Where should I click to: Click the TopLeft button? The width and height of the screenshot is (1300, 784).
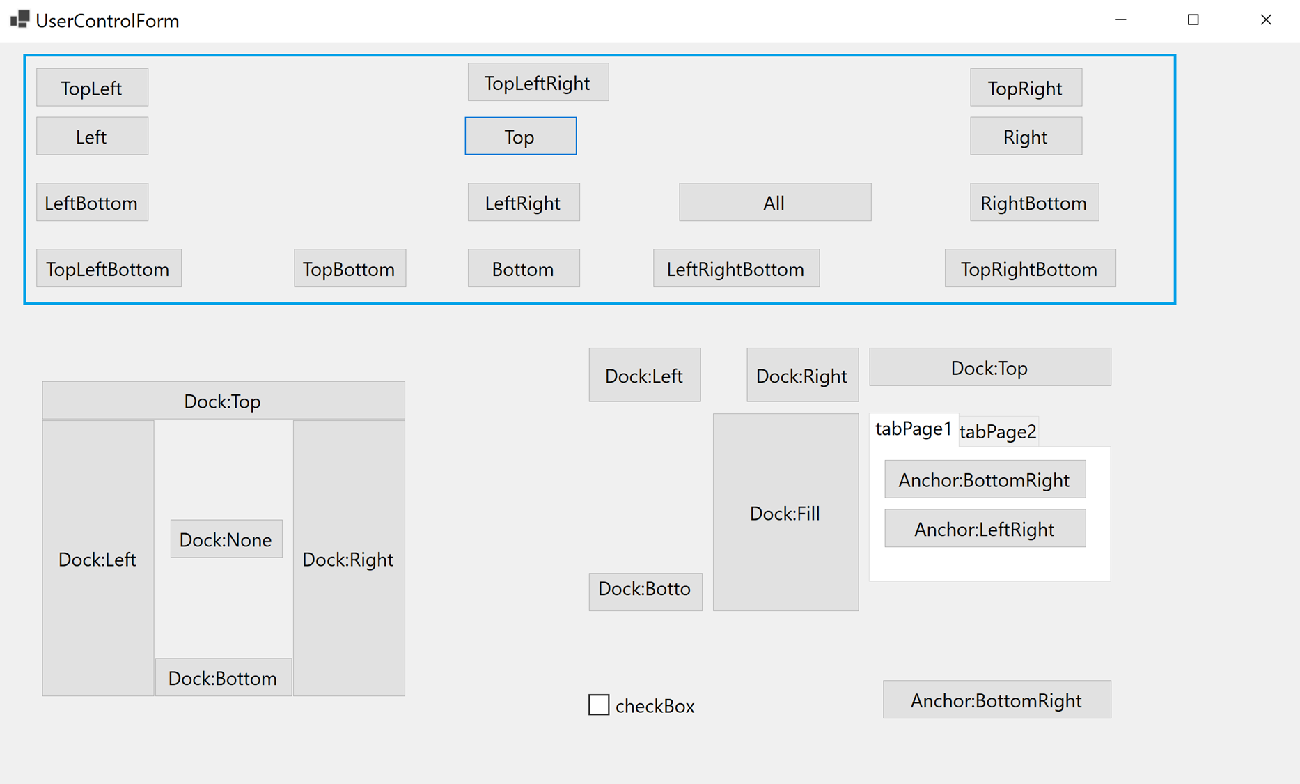[92, 88]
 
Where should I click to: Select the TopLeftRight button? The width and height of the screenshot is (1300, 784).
[538, 83]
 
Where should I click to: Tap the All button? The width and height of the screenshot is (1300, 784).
[774, 203]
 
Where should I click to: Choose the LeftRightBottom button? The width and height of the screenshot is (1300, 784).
[735, 269]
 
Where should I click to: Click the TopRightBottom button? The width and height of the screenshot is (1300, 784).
[1029, 269]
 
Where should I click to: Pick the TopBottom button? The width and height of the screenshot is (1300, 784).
[349, 269]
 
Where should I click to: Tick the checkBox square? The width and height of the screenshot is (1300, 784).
[599, 705]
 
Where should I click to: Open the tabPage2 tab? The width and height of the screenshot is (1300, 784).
[998, 432]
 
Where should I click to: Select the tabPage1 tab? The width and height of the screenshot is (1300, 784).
[913, 429]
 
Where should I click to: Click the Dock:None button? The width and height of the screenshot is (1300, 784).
[226, 539]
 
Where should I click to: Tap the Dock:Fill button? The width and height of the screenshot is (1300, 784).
[785, 514]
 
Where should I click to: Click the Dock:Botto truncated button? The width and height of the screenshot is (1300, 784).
[645, 590]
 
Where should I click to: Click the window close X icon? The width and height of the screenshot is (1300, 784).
[1266, 20]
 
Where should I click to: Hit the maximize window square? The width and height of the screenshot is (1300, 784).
[1193, 20]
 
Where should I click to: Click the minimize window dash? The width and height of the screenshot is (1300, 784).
[1120, 20]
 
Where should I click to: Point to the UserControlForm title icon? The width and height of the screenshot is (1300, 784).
[19, 20]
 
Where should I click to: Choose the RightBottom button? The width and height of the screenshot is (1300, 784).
[1033, 203]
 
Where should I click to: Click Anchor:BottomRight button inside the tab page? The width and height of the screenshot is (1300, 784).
[984, 480]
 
